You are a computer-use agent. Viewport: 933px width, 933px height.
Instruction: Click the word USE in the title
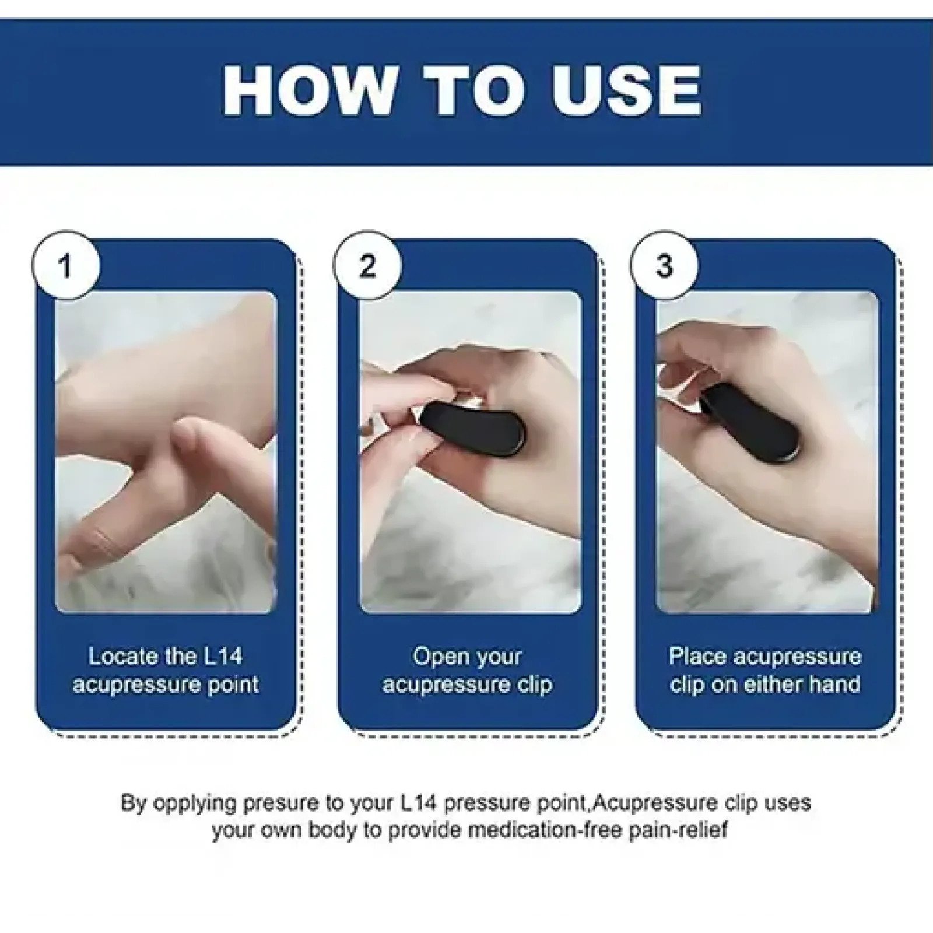tap(627, 90)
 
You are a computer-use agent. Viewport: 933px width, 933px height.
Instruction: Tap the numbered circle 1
tap(65, 266)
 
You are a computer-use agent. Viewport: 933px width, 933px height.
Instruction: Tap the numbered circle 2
tap(367, 266)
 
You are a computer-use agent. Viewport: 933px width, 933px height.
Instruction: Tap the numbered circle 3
tap(664, 266)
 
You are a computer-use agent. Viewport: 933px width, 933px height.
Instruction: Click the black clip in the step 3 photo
tap(752, 420)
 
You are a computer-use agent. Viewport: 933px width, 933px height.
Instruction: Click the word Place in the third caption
tap(697, 657)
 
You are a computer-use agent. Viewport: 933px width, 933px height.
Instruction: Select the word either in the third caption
tap(770, 685)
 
